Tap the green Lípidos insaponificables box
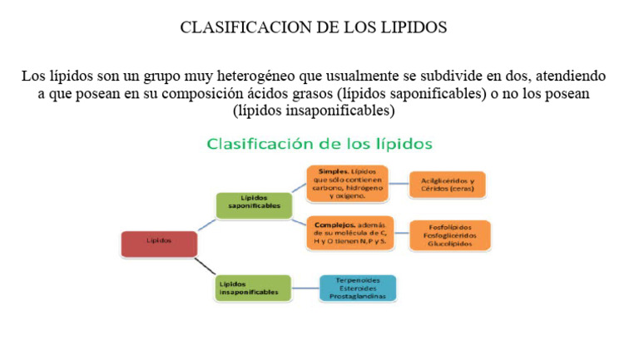tap(253, 287)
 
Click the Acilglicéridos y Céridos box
tap(447, 185)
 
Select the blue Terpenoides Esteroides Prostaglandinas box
tap(357, 288)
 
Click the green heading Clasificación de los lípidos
tap(319, 144)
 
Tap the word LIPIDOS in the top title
tap(410, 27)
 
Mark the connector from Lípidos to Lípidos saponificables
tap(206, 224)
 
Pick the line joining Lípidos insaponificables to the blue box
tap(305, 288)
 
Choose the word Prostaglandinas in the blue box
tap(357, 296)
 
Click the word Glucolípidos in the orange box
tap(450, 245)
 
